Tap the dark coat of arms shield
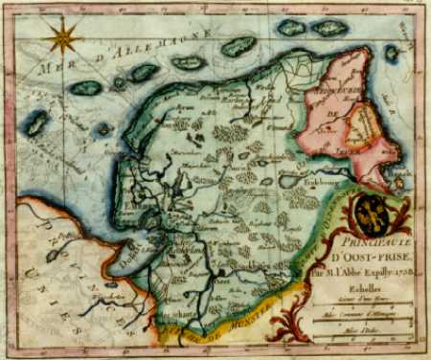[374, 214]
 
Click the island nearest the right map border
[391, 54]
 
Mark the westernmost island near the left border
[36, 123]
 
